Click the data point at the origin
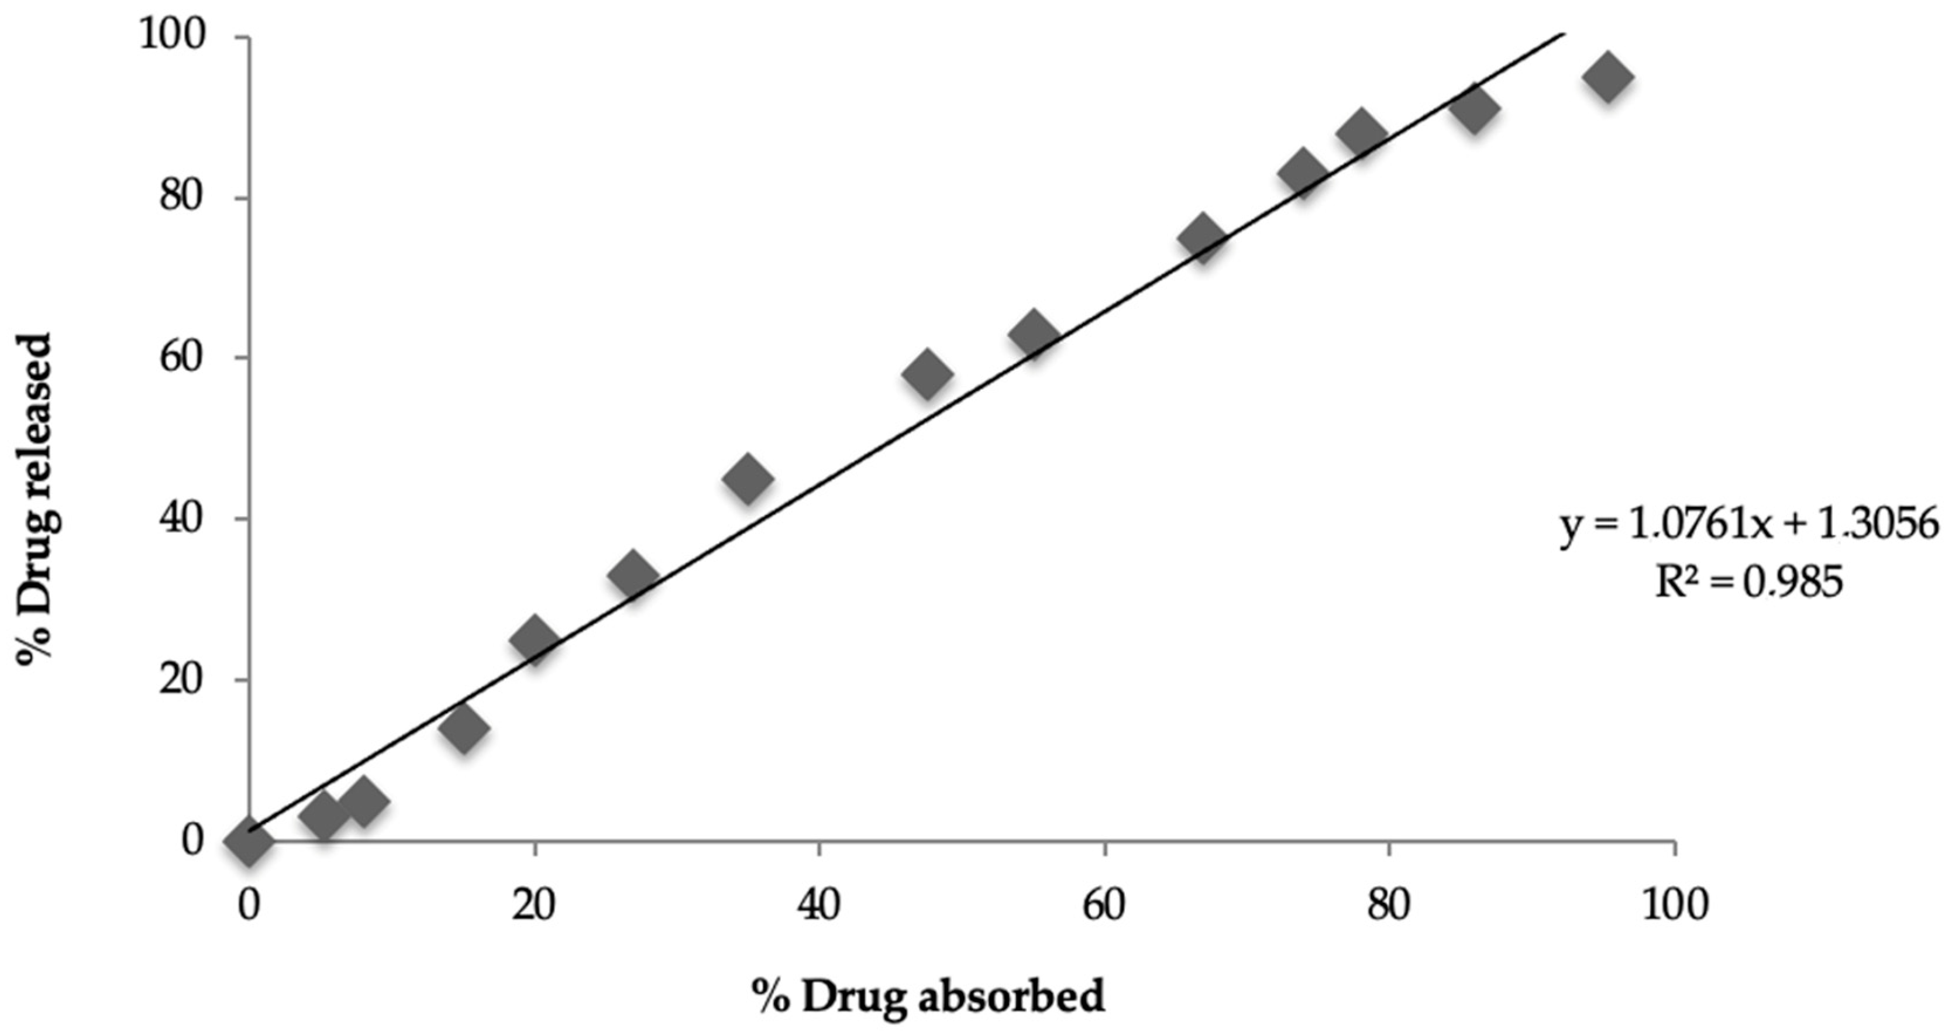click(249, 841)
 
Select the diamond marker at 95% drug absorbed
click(1606, 77)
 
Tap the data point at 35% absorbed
click(747, 478)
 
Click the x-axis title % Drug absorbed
click(928, 996)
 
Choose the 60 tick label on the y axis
click(183, 359)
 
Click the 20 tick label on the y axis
click(183, 680)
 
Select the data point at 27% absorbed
click(633, 575)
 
